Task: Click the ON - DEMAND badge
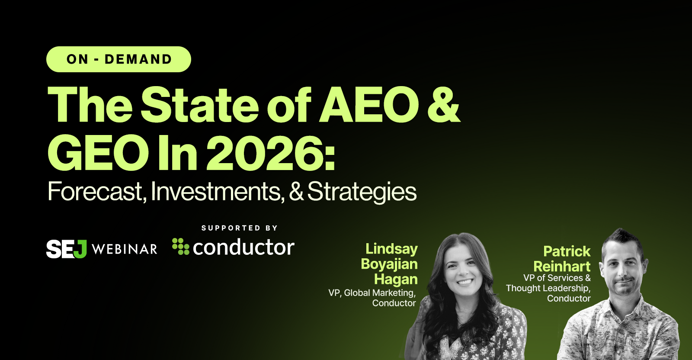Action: click(x=119, y=59)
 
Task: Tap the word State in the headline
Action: click(x=200, y=105)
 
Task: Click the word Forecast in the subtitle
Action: click(x=95, y=191)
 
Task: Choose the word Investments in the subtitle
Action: click(x=217, y=191)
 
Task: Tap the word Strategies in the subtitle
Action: click(x=362, y=192)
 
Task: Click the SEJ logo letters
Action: click(x=66, y=249)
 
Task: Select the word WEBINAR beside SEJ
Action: click(x=125, y=249)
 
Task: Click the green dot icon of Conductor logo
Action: click(x=180, y=246)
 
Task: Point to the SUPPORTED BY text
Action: click(x=240, y=228)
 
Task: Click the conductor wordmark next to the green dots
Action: click(x=243, y=247)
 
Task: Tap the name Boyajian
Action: click(x=389, y=264)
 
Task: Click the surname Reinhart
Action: click(x=562, y=266)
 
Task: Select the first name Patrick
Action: click(x=567, y=251)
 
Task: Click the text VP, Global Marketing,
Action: click(x=372, y=293)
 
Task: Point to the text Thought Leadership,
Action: click(x=548, y=288)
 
